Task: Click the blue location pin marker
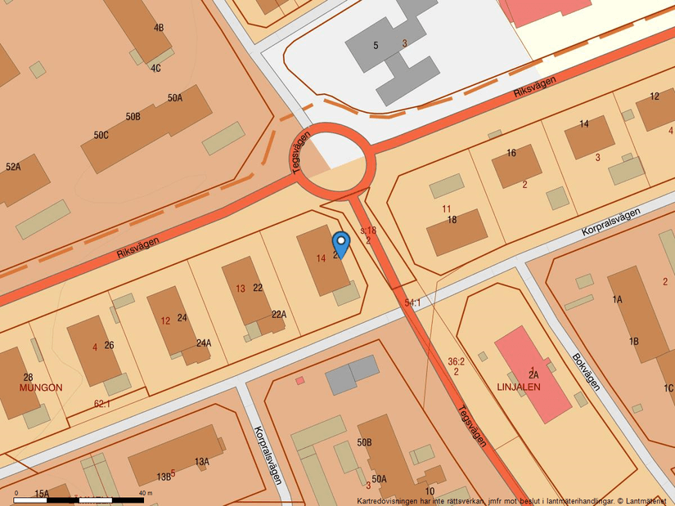tap(341, 243)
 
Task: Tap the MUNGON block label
tap(41, 387)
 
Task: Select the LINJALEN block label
tap(518, 387)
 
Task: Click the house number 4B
tap(159, 28)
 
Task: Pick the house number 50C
tap(101, 135)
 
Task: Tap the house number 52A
tap(13, 167)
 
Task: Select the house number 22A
tap(279, 314)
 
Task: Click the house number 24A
tap(203, 343)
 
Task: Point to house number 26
tap(109, 345)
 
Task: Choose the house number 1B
tap(633, 341)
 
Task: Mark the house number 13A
tap(202, 462)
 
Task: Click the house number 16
tap(511, 153)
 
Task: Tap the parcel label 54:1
tap(412, 302)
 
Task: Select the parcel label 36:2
tap(457, 360)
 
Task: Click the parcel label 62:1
tap(102, 403)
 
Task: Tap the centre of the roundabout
tap(331, 161)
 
